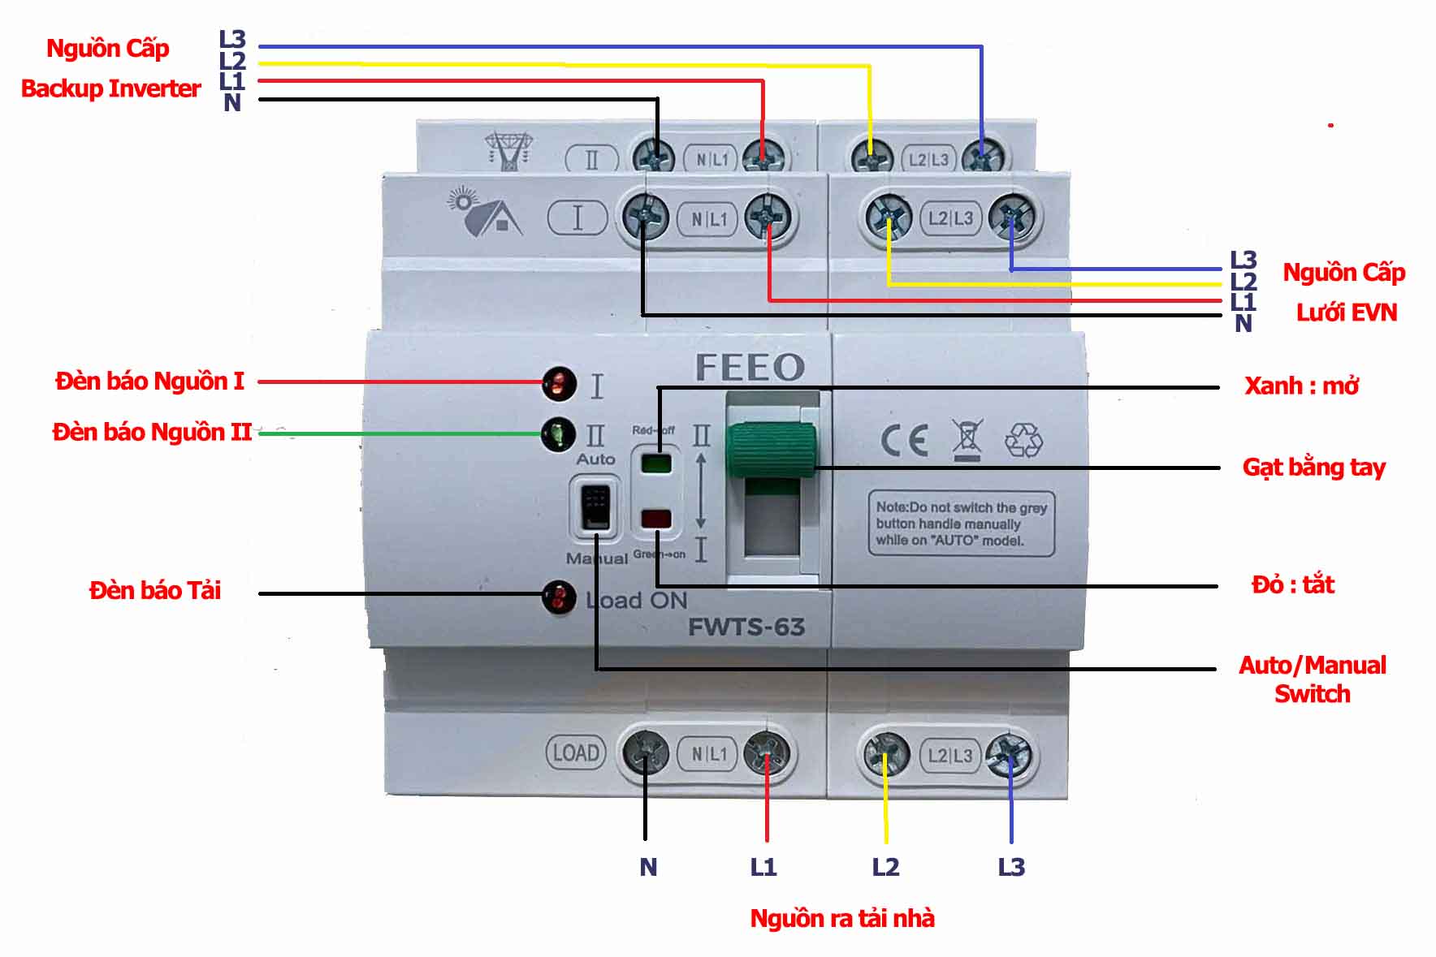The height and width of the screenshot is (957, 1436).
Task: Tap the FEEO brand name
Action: click(x=749, y=367)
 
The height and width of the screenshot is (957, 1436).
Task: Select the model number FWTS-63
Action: click(x=746, y=627)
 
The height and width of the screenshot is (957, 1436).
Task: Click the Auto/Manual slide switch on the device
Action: click(x=596, y=507)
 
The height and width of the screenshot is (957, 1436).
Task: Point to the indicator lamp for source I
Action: click(x=559, y=383)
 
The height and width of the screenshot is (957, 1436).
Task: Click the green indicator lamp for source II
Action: click(x=558, y=434)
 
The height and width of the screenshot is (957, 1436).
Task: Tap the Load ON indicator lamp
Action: click(x=559, y=598)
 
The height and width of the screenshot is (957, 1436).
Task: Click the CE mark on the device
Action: click(x=904, y=441)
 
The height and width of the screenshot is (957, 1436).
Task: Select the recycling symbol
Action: click(x=1023, y=440)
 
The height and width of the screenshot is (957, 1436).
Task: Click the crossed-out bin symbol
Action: click(x=967, y=440)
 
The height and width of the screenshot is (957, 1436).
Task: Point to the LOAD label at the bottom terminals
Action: click(x=575, y=752)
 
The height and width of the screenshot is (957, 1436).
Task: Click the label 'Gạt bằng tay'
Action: click(x=1313, y=468)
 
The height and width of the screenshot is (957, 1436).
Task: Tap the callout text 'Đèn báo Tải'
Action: click(x=154, y=590)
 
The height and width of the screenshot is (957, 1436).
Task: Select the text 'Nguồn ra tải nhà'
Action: click(x=841, y=918)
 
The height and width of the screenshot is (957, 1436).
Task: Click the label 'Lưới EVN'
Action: click(x=1346, y=313)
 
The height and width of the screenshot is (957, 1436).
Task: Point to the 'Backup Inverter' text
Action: click(x=110, y=88)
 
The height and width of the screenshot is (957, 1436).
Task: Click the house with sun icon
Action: click(x=485, y=212)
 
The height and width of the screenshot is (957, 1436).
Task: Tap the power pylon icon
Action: click(x=509, y=151)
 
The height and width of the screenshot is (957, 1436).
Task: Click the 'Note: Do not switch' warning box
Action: click(x=961, y=524)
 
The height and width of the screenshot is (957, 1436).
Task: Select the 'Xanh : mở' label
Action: click(x=1301, y=386)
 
